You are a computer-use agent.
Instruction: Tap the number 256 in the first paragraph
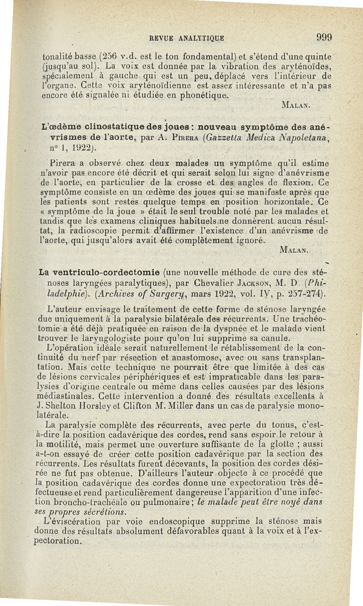pyautogui.click(x=109, y=58)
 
